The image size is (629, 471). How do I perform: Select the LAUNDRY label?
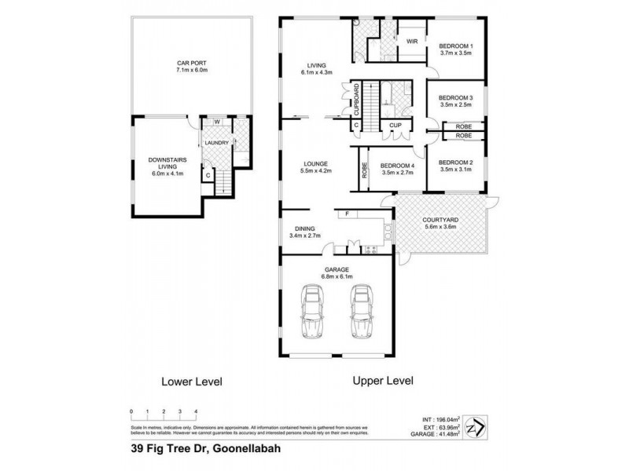pos(216,143)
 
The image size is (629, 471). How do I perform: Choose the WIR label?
pos(412,42)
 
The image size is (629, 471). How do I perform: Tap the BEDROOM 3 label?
pos(455,98)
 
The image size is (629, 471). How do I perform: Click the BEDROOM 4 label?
pos(397,166)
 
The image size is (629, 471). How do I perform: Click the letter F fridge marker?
pos(346,213)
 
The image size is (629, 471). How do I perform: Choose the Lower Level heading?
pos(191,382)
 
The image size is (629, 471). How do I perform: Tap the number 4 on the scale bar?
pos(196,411)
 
